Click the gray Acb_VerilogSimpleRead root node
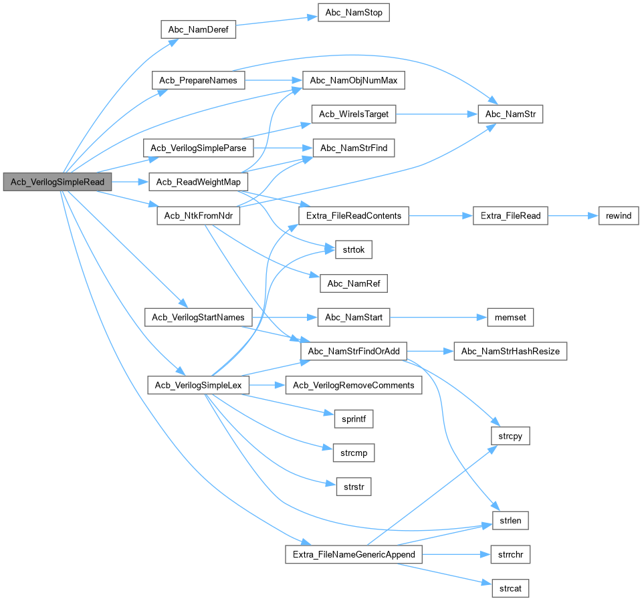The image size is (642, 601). (x=58, y=182)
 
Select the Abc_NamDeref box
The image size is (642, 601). (x=199, y=29)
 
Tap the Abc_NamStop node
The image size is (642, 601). (x=353, y=13)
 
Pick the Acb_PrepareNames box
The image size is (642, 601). (x=199, y=81)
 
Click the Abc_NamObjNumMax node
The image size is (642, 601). (x=354, y=81)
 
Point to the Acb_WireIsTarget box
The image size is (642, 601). (x=353, y=114)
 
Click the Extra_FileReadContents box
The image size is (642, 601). (x=353, y=216)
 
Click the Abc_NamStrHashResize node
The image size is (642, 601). (x=510, y=351)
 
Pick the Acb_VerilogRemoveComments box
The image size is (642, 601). (x=354, y=385)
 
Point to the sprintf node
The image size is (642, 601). (x=353, y=419)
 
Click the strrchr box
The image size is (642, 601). (x=510, y=554)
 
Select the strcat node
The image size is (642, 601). (x=510, y=588)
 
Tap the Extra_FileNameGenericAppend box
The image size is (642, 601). (x=353, y=554)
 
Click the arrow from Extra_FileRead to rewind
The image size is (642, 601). (x=568, y=216)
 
